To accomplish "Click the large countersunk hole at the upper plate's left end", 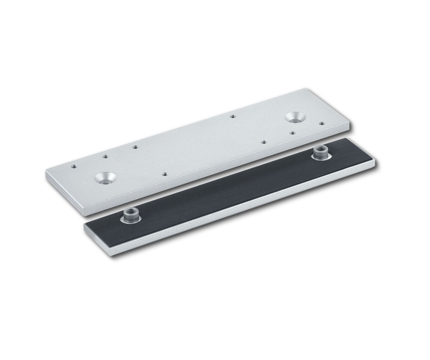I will tap(105, 177).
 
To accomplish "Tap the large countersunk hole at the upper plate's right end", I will tap(295, 116).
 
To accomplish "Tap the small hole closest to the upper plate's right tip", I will tap(322, 123).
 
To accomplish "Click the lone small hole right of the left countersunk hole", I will tap(165, 174).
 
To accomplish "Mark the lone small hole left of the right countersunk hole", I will tap(233, 116).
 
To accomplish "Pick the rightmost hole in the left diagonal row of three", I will tap(135, 147).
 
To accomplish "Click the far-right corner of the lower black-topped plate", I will tap(375, 159).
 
